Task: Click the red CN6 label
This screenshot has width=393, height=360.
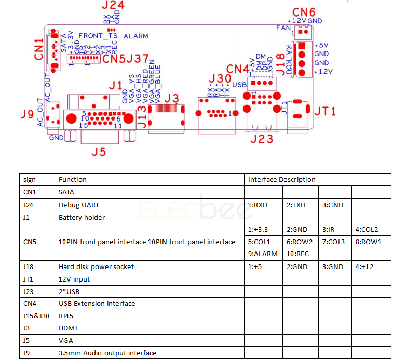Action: pyautogui.click(x=304, y=12)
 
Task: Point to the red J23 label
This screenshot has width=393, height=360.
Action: pyautogui.click(x=261, y=139)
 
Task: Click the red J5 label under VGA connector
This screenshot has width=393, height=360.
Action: pyautogui.click(x=99, y=151)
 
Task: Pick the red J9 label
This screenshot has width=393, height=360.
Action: pyautogui.click(x=28, y=113)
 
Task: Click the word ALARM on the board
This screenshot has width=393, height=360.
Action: pyautogui.click(x=136, y=36)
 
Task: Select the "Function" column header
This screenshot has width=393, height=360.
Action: pyautogui.click(x=73, y=180)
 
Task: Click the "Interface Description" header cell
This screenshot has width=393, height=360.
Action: pyautogui.click(x=282, y=180)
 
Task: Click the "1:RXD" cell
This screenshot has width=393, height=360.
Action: pyautogui.click(x=258, y=205)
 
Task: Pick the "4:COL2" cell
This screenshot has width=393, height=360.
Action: pyautogui.click(x=367, y=230)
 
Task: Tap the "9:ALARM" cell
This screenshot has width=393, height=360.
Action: pyautogui.click(x=263, y=254)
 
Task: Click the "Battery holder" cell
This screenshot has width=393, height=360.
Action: pyautogui.click(x=82, y=217)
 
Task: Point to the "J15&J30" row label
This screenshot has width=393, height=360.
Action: pyautogui.click(x=36, y=316)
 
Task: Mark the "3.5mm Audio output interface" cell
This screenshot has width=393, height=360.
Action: pyautogui.click(x=107, y=353)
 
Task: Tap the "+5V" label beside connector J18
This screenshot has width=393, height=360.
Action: pyautogui.click(x=322, y=45)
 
